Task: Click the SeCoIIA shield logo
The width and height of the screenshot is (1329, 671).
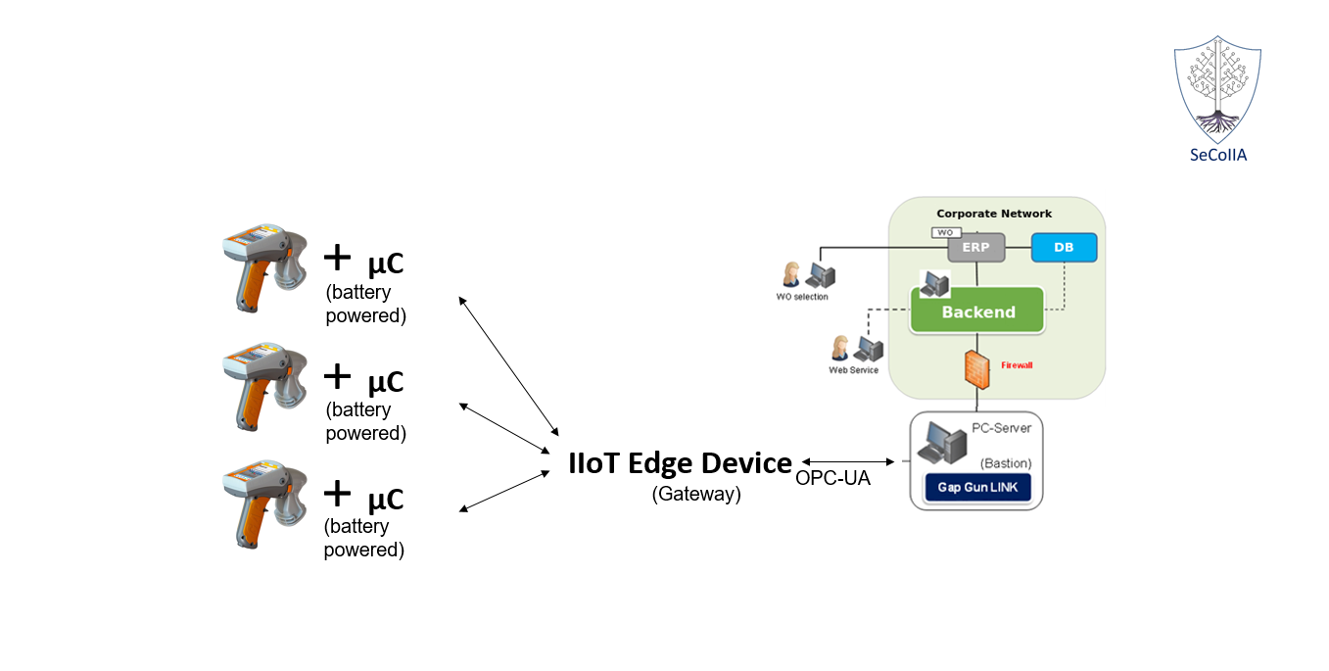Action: pyautogui.click(x=1217, y=90)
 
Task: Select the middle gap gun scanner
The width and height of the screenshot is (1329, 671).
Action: pyautogui.click(x=260, y=386)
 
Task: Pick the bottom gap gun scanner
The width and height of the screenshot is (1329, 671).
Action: pyautogui.click(x=260, y=503)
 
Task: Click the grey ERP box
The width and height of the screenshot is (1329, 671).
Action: pyautogui.click(x=975, y=248)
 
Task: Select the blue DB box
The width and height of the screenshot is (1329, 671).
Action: pyautogui.click(x=1064, y=248)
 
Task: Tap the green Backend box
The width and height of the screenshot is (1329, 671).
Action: pyautogui.click(x=977, y=312)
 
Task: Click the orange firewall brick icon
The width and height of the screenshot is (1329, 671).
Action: pyautogui.click(x=976, y=367)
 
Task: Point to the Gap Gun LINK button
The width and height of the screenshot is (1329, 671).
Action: pyautogui.click(x=975, y=487)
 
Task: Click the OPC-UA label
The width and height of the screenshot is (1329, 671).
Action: pyautogui.click(x=832, y=479)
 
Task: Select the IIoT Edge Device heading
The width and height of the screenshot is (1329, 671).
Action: pyautogui.click(x=680, y=463)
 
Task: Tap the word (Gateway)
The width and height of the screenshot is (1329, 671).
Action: pyautogui.click(x=696, y=494)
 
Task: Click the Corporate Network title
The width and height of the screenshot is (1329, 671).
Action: pyautogui.click(x=993, y=214)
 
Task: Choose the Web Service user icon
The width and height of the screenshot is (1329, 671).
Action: pyautogui.click(x=855, y=348)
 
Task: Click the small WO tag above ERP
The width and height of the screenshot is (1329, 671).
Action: pyautogui.click(x=943, y=233)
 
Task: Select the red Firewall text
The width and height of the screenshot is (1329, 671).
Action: pyautogui.click(x=1017, y=365)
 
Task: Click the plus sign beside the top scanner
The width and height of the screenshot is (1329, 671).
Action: pyautogui.click(x=337, y=258)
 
